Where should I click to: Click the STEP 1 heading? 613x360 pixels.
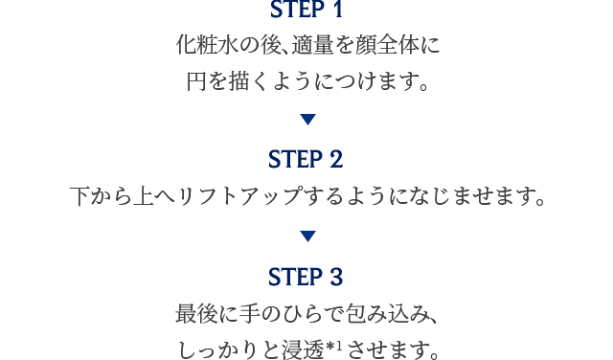306,12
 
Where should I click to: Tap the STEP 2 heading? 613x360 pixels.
306,157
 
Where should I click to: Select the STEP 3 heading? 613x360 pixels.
306,278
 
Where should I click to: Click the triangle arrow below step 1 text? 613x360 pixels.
306,120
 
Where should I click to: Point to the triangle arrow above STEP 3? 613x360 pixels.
306,235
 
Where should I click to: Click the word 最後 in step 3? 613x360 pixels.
197,313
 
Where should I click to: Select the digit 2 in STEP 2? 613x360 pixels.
335,157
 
